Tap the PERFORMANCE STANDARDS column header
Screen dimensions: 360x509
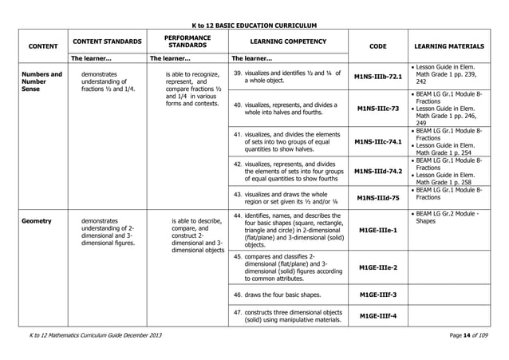pos(187,41)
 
